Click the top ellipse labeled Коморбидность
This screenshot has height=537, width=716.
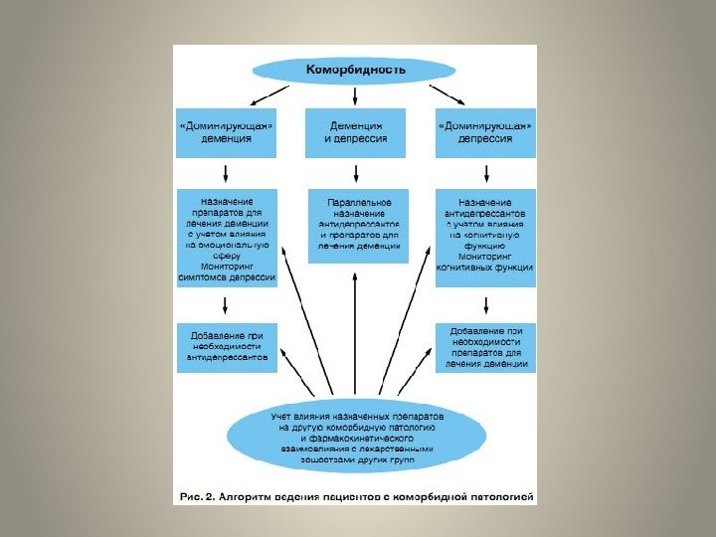tap(355, 71)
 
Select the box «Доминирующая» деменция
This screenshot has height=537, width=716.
tap(226, 132)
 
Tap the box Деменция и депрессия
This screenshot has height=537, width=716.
tap(355, 132)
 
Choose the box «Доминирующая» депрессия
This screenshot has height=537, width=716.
tap(485, 132)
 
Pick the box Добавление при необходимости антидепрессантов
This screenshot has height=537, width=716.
tap(226, 345)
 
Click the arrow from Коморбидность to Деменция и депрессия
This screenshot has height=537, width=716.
tap(356, 95)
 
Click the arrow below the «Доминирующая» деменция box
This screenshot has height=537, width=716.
tap(227, 172)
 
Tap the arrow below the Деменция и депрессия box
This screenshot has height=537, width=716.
tap(357, 172)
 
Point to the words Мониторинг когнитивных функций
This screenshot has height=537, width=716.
tap(486, 262)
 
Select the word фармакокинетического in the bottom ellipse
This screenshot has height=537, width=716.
tap(356, 437)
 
